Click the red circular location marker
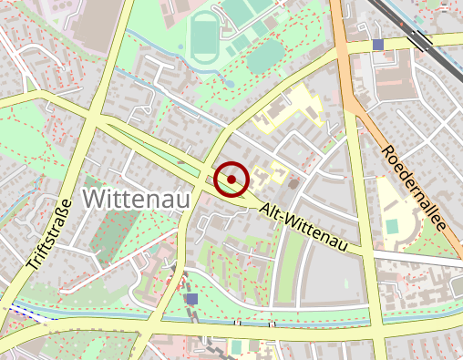[232, 179]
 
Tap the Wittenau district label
[132, 197]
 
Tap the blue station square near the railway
[378, 45]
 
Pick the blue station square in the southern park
[191, 298]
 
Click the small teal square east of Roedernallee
[392, 225]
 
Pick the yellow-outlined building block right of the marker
[274, 172]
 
